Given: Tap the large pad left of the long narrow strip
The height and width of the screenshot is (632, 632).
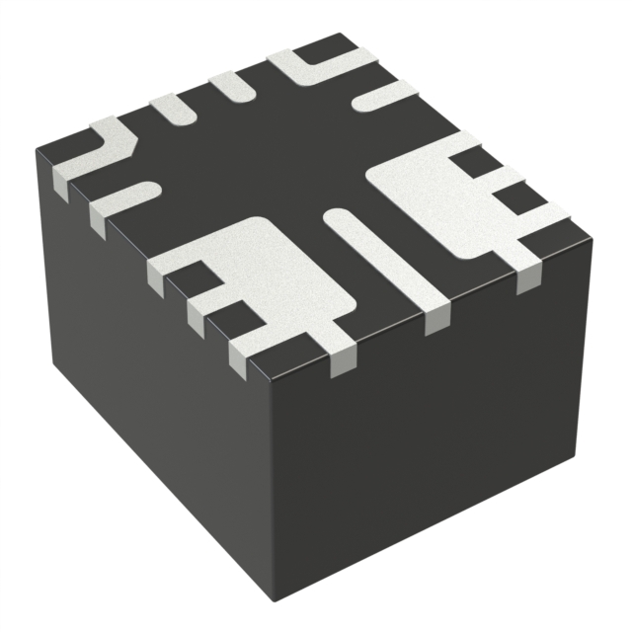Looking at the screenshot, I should (267, 272).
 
